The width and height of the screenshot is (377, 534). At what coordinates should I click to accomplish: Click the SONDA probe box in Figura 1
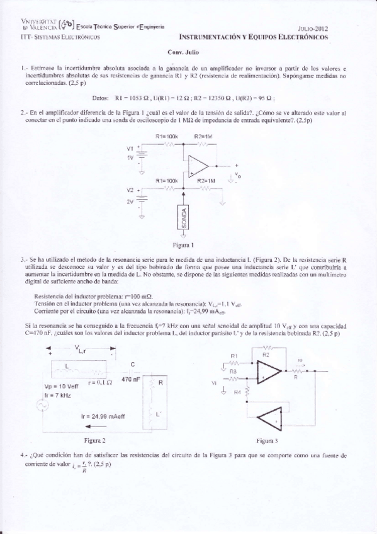click(183, 218)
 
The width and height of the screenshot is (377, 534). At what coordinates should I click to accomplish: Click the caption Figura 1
click(182, 244)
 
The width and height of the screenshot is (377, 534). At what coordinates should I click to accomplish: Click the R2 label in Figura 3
click(266, 355)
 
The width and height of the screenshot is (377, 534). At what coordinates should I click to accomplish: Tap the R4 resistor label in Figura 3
click(237, 392)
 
